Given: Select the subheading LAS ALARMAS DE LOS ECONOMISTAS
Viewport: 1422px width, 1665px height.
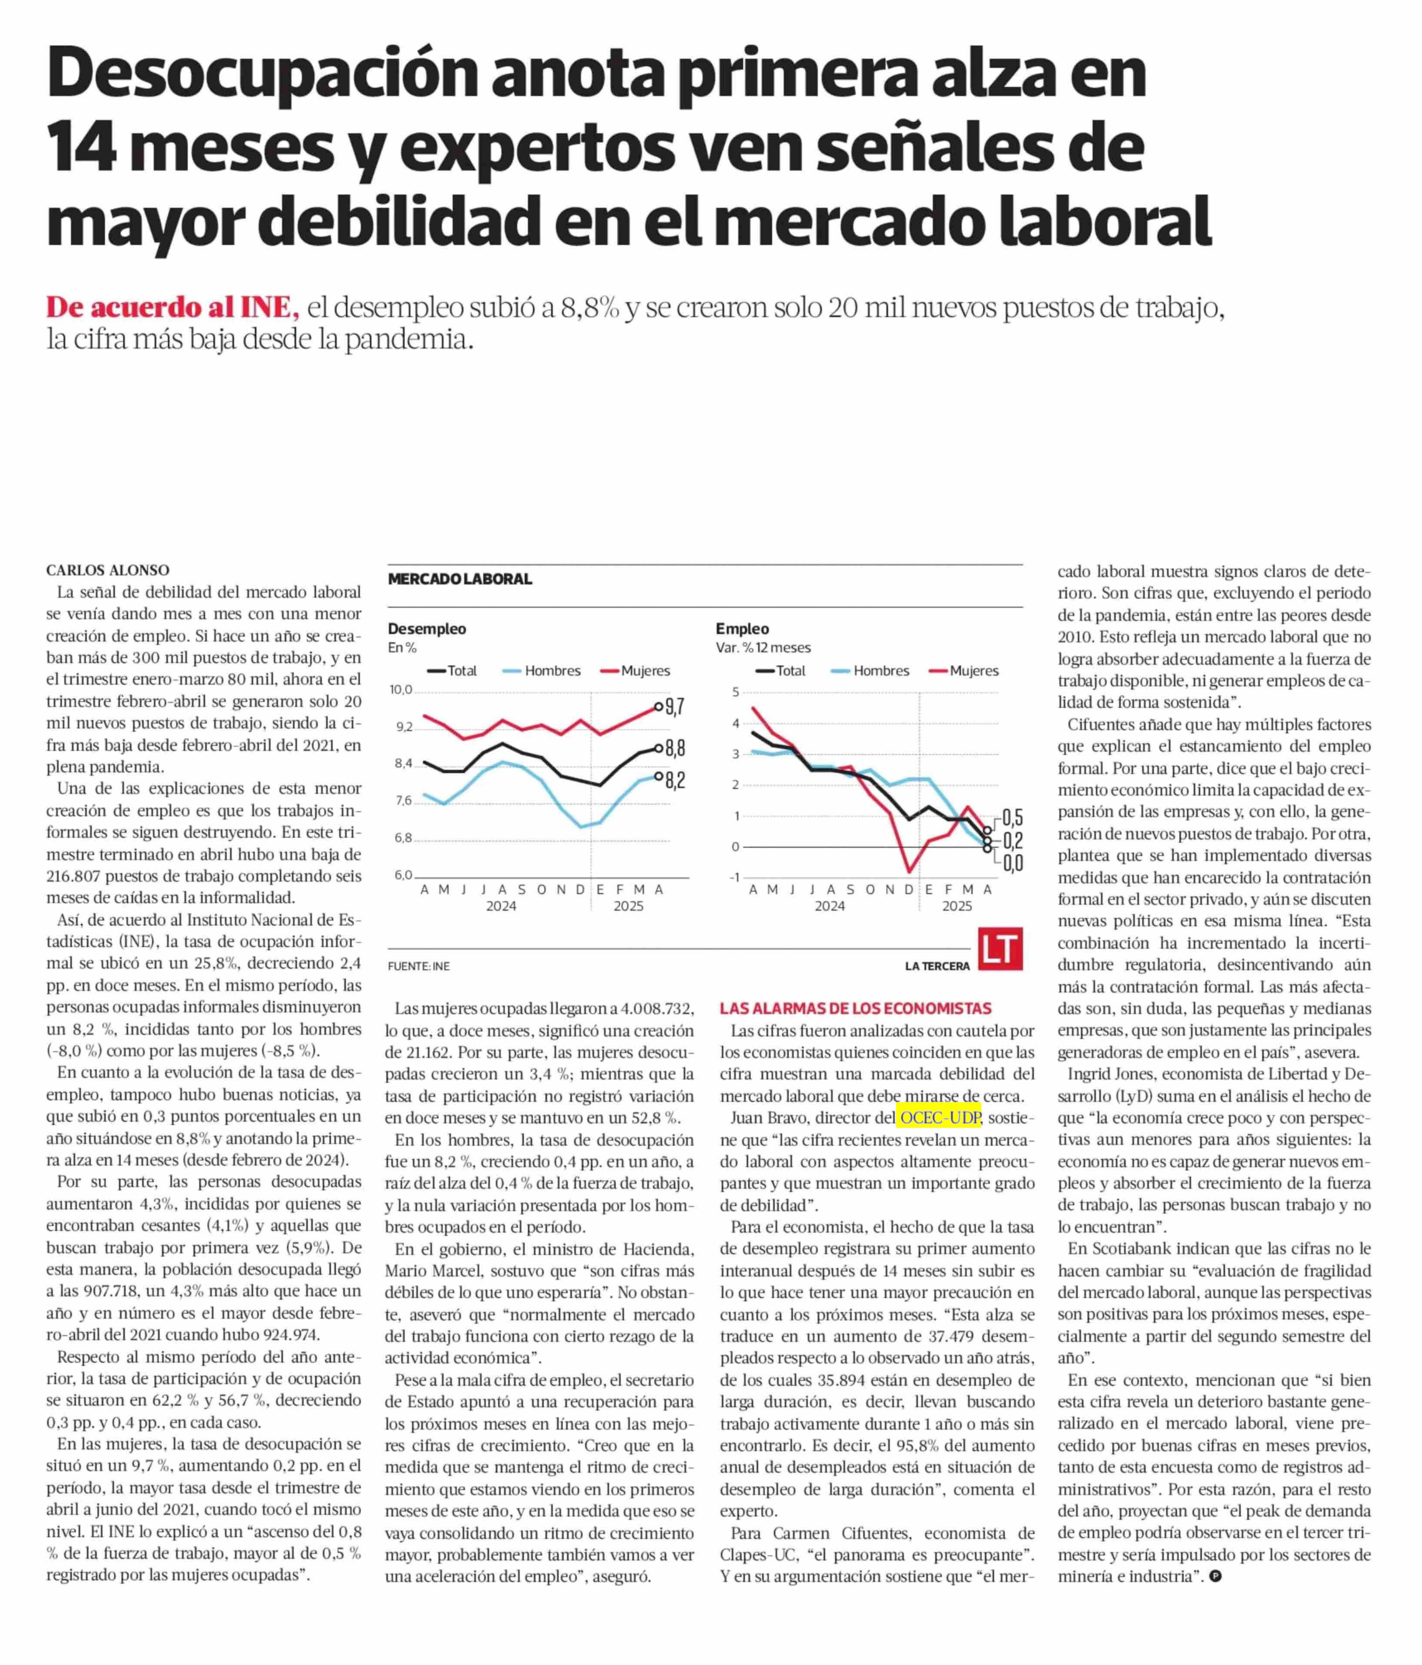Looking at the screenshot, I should click(x=856, y=1009).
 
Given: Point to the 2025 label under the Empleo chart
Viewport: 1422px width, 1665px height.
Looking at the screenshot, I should click(x=957, y=907).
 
